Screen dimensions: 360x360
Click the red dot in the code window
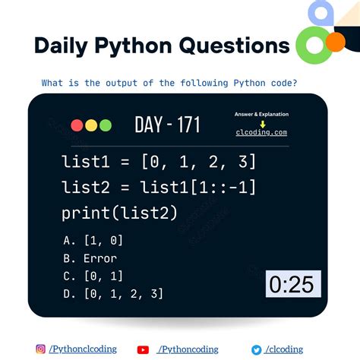coord(77,125)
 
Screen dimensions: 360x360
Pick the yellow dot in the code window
coord(90,125)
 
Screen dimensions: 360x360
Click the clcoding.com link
coord(261,132)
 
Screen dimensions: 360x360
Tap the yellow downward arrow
coord(261,123)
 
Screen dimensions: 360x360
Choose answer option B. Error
coord(90,258)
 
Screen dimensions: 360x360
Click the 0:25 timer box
coord(293,284)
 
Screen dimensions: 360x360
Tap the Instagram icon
coord(41,349)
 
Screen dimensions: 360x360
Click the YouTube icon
coord(143,349)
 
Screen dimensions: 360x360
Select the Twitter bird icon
coord(257,349)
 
